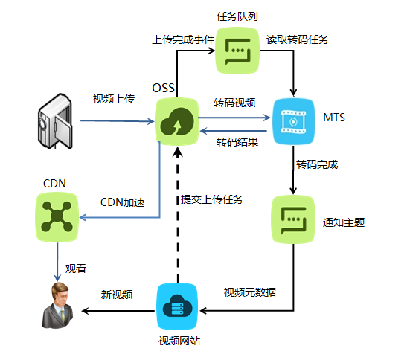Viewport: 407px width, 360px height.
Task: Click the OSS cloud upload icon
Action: click(x=177, y=121)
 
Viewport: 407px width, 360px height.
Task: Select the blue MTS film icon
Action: click(x=293, y=121)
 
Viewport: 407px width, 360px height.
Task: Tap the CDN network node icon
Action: click(x=57, y=217)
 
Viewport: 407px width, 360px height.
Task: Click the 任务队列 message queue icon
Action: click(x=237, y=51)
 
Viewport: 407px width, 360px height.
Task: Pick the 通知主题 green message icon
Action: click(x=293, y=219)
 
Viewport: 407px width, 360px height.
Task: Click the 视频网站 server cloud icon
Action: click(x=178, y=306)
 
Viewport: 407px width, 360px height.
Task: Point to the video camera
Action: click(x=55, y=121)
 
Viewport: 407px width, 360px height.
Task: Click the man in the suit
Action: click(x=58, y=305)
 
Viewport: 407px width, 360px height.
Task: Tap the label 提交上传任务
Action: click(x=212, y=199)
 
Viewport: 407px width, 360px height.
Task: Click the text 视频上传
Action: click(x=114, y=99)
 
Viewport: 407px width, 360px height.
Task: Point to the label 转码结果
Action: click(x=237, y=142)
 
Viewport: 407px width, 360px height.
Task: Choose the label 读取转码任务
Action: click(x=298, y=39)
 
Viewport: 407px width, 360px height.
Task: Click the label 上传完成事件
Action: click(x=183, y=39)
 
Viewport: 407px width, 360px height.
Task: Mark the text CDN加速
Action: click(x=122, y=202)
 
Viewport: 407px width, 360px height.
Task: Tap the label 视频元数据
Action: click(x=250, y=292)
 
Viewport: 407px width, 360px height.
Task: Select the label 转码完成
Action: click(x=317, y=164)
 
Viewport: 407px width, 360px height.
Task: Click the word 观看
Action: click(x=76, y=269)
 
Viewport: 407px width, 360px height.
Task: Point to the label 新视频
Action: click(x=117, y=295)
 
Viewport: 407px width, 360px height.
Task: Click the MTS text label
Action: click(x=334, y=118)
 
